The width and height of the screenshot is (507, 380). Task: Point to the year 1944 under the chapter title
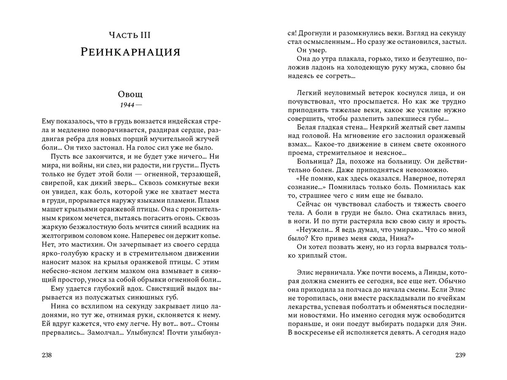[127, 104]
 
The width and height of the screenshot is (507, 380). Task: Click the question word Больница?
[315, 161]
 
